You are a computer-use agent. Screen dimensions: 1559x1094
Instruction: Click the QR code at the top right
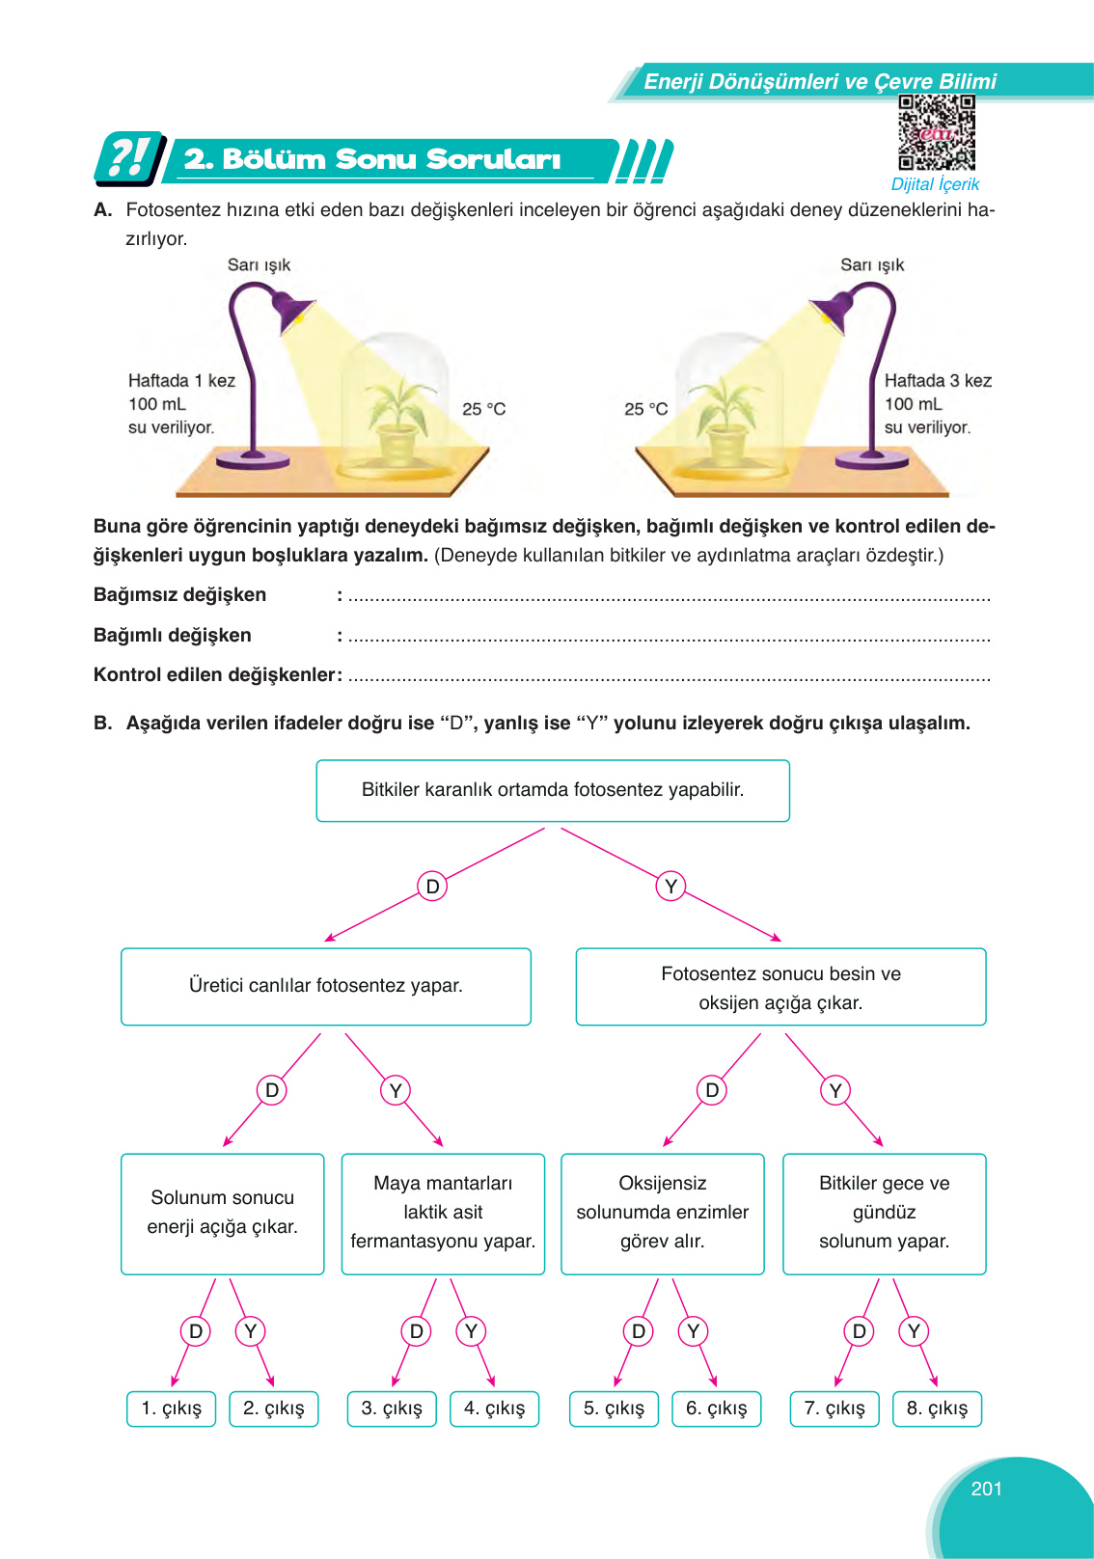point(936,132)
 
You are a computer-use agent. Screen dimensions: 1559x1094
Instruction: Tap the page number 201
point(986,1489)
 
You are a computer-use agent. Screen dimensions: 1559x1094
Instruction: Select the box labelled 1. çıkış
point(172,1409)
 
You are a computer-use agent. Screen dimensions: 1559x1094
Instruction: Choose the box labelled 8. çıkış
point(937,1409)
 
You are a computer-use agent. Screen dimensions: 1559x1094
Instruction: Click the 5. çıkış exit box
point(614,1409)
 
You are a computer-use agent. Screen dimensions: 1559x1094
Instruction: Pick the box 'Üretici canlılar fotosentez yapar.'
point(326,986)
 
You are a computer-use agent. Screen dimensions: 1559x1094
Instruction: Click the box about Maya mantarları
point(443,1213)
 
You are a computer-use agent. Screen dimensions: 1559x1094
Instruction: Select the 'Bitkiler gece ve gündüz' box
point(884,1213)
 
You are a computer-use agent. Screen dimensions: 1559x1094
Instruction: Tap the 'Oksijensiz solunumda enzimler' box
point(662,1213)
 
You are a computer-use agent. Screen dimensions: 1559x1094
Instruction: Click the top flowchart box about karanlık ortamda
point(553,790)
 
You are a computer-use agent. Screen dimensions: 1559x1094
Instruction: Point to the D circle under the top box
point(432,886)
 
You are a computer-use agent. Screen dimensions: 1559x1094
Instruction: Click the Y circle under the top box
point(670,886)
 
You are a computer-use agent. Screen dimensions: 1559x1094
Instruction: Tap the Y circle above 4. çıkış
point(471,1331)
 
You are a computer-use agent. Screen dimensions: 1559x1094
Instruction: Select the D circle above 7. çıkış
point(859,1331)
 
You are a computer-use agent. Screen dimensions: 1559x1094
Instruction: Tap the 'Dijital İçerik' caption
point(935,184)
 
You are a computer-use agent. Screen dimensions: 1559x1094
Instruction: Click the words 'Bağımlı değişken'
point(173,635)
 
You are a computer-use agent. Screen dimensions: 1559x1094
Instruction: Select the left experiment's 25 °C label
point(483,409)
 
